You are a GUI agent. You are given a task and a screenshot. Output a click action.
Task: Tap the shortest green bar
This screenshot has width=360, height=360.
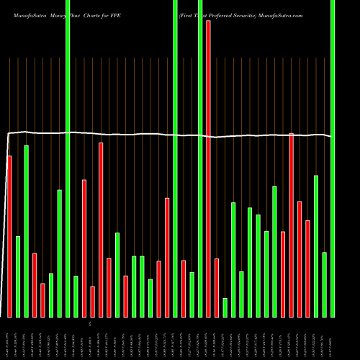(225, 307)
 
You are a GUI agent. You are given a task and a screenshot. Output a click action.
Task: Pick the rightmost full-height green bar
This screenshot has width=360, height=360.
(333, 158)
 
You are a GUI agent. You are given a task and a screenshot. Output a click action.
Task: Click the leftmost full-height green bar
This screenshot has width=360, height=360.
(68, 158)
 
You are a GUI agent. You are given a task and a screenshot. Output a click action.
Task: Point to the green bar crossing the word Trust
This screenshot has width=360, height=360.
(200, 158)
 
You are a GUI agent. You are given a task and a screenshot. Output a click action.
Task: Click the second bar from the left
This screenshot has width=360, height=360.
(18, 276)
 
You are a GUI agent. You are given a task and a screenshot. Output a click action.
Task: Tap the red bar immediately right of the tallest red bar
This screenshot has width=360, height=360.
(217, 287)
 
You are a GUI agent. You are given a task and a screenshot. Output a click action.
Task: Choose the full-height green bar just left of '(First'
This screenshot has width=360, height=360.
(175, 158)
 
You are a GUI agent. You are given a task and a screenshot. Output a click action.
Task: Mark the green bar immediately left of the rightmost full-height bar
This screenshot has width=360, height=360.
(324, 284)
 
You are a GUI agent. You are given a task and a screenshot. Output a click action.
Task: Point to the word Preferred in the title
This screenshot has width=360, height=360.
(225, 14)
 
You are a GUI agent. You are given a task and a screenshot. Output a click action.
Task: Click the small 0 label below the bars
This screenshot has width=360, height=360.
(89, 325)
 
